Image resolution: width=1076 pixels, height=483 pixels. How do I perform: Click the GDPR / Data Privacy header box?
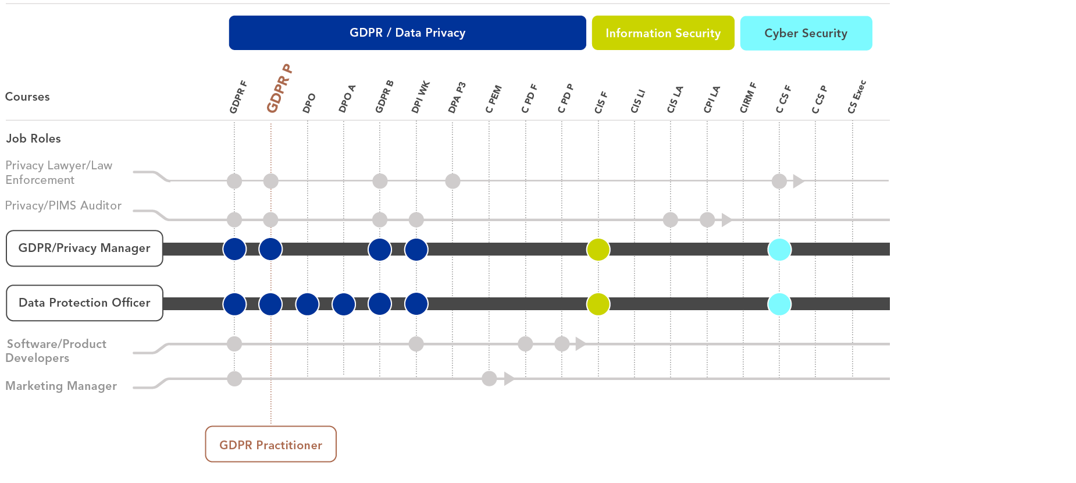(x=407, y=33)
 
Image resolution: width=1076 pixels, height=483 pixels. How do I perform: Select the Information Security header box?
(x=663, y=33)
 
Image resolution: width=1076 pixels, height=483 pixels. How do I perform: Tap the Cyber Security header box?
(x=806, y=33)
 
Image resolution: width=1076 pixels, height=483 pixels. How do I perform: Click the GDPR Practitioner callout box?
(x=270, y=445)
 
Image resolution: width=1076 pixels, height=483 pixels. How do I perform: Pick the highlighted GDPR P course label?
(x=279, y=88)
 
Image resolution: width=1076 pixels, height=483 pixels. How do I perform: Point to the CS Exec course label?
(x=857, y=97)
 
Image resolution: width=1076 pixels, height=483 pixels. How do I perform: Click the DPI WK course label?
(x=420, y=97)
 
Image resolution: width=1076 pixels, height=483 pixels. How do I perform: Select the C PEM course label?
(x=493, y=99)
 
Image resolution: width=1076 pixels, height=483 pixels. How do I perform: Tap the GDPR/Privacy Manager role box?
(x=84, y=248)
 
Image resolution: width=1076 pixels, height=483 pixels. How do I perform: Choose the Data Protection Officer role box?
(x=84, y=303)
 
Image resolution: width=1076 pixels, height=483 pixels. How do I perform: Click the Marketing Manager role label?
(x=61, y=386)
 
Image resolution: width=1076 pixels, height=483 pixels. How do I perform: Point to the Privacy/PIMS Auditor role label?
(x=63, y=205)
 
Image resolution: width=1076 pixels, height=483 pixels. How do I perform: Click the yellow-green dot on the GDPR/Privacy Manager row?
(x=598, y=250)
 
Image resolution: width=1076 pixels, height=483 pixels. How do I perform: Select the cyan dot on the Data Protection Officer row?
(x=779, y=304)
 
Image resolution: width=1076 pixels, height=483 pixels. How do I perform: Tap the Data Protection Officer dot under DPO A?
(x=344, y=304)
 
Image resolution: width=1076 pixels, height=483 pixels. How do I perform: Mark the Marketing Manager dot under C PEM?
(x=489, y=379)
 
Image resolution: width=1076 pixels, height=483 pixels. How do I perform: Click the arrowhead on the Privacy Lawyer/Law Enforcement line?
(x=798, y=181)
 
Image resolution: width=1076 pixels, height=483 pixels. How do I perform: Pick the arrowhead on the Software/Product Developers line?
(x=580, y=344)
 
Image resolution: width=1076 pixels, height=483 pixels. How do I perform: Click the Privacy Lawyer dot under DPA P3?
(x=453, y=181)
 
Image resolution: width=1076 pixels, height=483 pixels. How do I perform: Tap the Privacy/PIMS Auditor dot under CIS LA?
(x=671, y=220)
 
